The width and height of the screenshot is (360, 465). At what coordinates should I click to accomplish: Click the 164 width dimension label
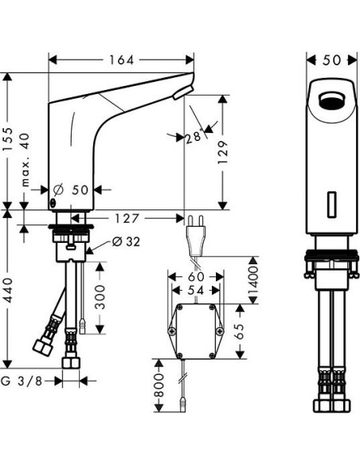pos(121,60)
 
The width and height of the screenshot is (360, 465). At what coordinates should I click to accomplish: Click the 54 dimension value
pos(195,291)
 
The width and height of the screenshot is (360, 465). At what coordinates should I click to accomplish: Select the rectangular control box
pos(195,330)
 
